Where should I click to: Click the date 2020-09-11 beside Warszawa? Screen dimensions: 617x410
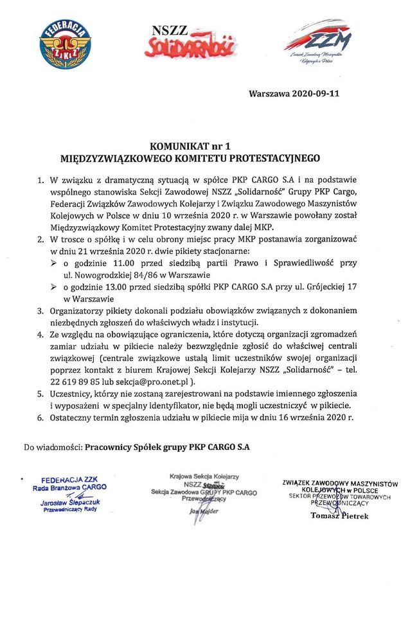pyautogui.click(x=316, y=93)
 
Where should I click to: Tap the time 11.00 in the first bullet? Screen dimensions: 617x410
pyautogui.click(x=129, y=264)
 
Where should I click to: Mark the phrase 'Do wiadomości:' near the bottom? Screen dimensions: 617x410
pyautogui.click(x=53, y=445)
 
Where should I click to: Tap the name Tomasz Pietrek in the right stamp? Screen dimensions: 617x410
pyautogui.click(x=339, y=515)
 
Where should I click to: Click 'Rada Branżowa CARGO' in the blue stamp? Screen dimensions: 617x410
pyautogui.click(x=69, y=487)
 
